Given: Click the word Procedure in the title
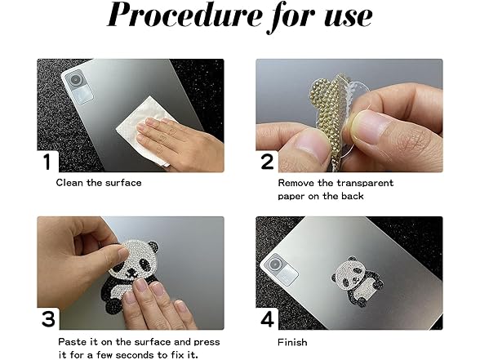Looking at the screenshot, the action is coord(184,16).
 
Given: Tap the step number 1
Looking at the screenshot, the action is coord(47,162).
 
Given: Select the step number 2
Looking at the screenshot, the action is coord(267,162).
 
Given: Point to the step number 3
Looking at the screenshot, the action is coord(48,318).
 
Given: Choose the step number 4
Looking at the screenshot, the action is coord(267,319).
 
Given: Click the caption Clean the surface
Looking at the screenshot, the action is coord(99,183).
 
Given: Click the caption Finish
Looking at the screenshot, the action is coord(292,342).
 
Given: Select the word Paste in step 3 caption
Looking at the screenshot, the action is coord(70,341).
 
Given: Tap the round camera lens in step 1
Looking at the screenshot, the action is coord(75,80).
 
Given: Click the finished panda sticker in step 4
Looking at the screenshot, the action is coord(358,281).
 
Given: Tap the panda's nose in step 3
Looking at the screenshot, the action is coord(132,273).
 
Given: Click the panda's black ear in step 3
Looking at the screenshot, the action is coord(153,245).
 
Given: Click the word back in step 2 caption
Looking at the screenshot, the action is coord(353,196).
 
